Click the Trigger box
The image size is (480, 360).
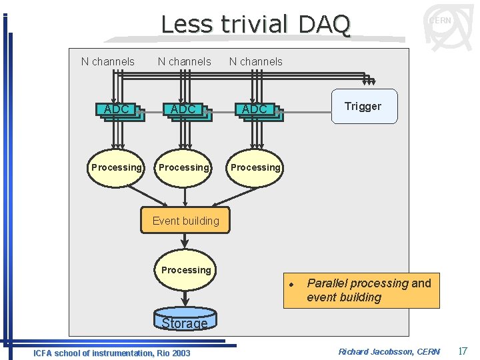tap(364, 107)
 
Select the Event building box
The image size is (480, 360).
tap(185, 221)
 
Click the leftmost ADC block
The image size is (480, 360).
tap(117, 110)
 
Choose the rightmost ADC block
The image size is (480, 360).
tap(255, 110)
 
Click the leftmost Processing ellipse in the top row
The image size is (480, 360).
tap(116, 167)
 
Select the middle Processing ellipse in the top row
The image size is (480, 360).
tap(183, 167)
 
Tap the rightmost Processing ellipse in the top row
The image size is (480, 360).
tap(255, 167)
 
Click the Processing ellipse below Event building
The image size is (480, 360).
tap(185, 270)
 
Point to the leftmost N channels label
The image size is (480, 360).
tap(107, 62)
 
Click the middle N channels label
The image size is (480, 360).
tap(184, 62)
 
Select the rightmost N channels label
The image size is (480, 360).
tap(256, 62)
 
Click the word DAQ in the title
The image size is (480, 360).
tap(324, 25)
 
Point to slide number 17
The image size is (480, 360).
tap(463, 350)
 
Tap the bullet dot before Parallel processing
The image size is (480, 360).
tap(291, 284)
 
